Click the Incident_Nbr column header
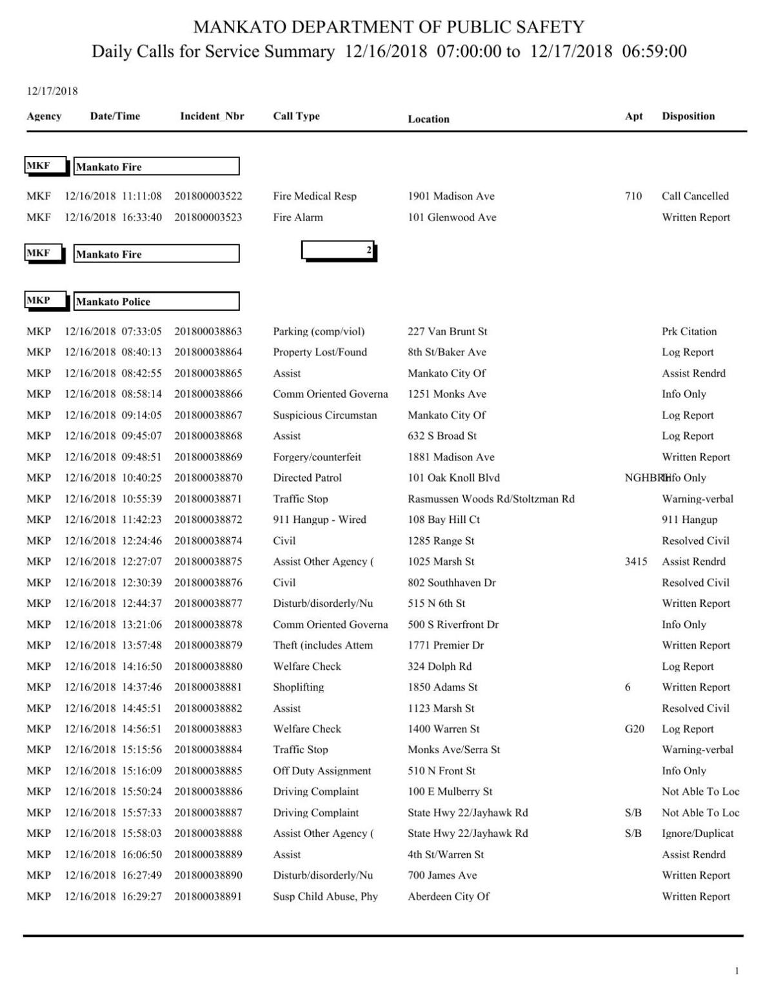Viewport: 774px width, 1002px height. coord(212,117)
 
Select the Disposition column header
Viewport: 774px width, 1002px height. coord(688,117)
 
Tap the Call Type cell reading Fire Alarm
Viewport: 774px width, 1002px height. coord(298,217)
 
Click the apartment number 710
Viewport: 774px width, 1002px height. coord(633,196)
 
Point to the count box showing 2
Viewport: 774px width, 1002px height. coord(339,250)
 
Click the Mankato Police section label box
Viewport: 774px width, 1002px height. coord(156,301)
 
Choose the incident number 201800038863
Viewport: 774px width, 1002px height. coord(208,331)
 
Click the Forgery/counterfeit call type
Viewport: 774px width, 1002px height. coord(317,457)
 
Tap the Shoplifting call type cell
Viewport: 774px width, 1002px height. coord(299,687)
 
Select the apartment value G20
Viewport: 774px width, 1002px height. coord(634,729)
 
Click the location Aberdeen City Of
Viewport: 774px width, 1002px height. coord(448,896)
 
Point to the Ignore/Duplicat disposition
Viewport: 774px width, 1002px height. coord(697,834)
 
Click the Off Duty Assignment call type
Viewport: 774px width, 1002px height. coord(322,771)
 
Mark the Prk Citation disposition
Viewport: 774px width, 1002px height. coord(689,331)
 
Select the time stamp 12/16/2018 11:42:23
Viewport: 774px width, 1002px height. coord(113,520)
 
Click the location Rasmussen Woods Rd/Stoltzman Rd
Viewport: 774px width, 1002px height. coord(491,499)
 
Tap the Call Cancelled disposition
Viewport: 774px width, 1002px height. coord(695,196)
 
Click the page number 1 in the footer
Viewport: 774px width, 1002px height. coord(737,971)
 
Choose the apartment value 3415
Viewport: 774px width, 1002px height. coord(636,562)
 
